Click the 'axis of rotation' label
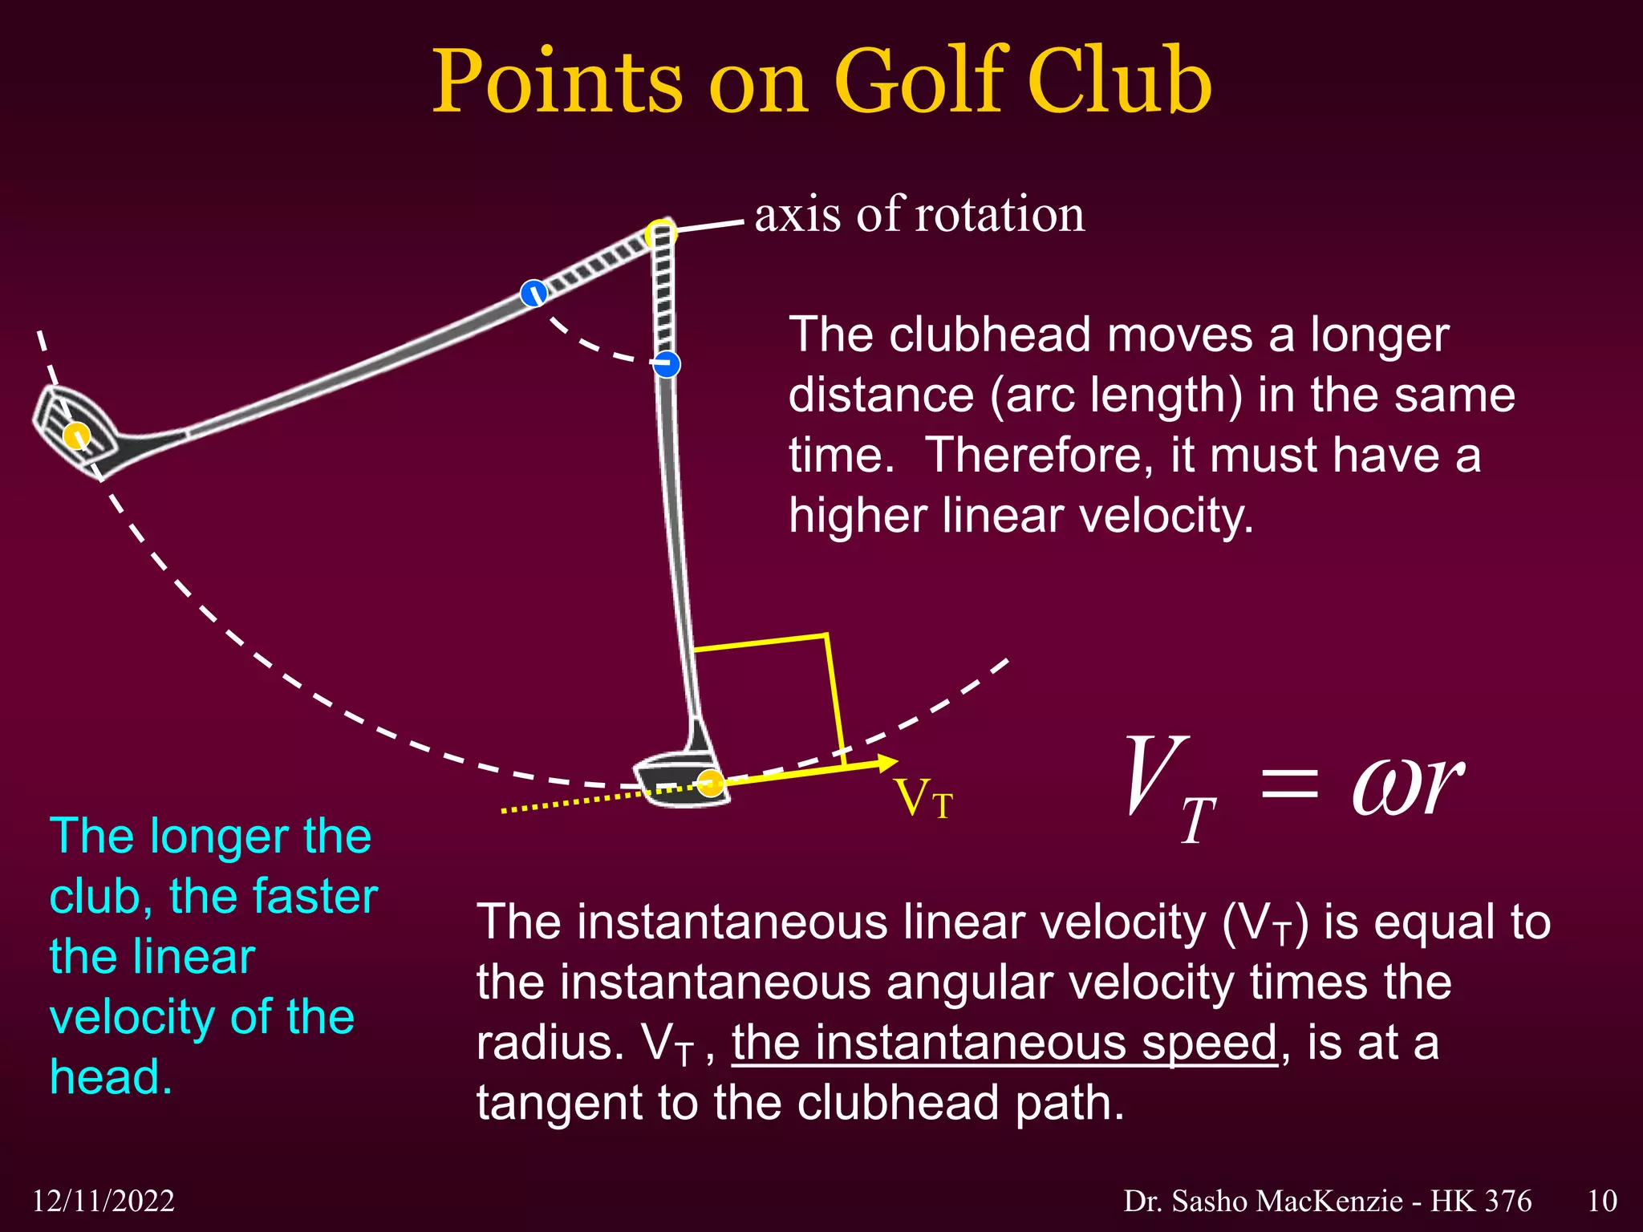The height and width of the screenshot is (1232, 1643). click(x=919, y=215)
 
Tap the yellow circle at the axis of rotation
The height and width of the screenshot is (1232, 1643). click(x=661, y=233)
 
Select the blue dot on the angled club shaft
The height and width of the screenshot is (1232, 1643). click(x=533, y=293)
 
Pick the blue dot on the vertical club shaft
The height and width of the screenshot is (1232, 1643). click(x=666, y=364)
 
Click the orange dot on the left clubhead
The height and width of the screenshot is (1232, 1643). click(x=76, y=436)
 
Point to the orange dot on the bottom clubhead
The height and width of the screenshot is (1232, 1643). click(x=710, y=782)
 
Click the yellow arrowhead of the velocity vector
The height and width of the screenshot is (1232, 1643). click(x=887, y=762)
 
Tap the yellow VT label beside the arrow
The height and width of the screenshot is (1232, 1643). click(x=923, y=799)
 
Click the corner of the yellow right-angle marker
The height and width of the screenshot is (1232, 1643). click(x=826, y=636)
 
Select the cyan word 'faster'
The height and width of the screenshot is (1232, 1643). click(x=313, y=896)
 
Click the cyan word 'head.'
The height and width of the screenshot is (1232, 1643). click(x=112, y=1076)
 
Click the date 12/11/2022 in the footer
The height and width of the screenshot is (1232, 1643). click(x=103, y=1201)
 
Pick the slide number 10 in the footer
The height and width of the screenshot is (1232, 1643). click(x=1601, y=1201)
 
